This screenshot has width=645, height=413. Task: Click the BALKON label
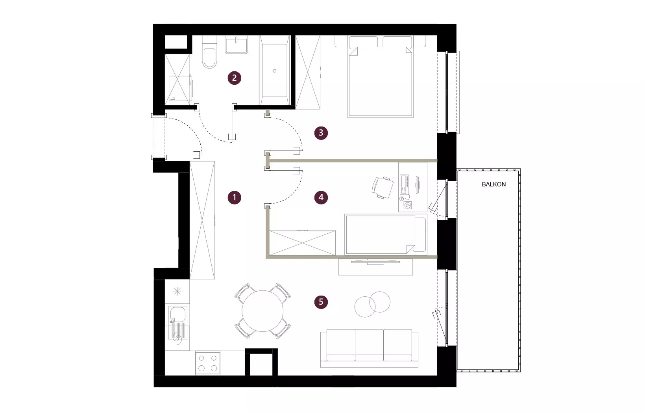click(493, 184)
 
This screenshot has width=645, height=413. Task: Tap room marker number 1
click(235, 197)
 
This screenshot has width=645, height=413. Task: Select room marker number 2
click(235, 78)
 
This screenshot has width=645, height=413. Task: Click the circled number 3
click(321, 133)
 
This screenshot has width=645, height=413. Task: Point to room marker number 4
click(321, 197)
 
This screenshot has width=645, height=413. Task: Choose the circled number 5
click(321, 302)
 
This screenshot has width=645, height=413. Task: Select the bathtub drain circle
click(274, 71)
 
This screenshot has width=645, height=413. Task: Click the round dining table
click(262, 311)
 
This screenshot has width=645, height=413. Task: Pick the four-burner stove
click(208, 363)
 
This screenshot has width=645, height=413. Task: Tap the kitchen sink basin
click(177, 314)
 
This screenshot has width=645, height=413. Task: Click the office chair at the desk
click(383, 188)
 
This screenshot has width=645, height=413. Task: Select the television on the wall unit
click(375, 262)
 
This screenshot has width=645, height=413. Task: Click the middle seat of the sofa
click(369, 345)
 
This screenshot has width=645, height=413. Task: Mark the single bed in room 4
click(386, 234)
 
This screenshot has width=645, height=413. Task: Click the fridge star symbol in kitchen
click(177, 291)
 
